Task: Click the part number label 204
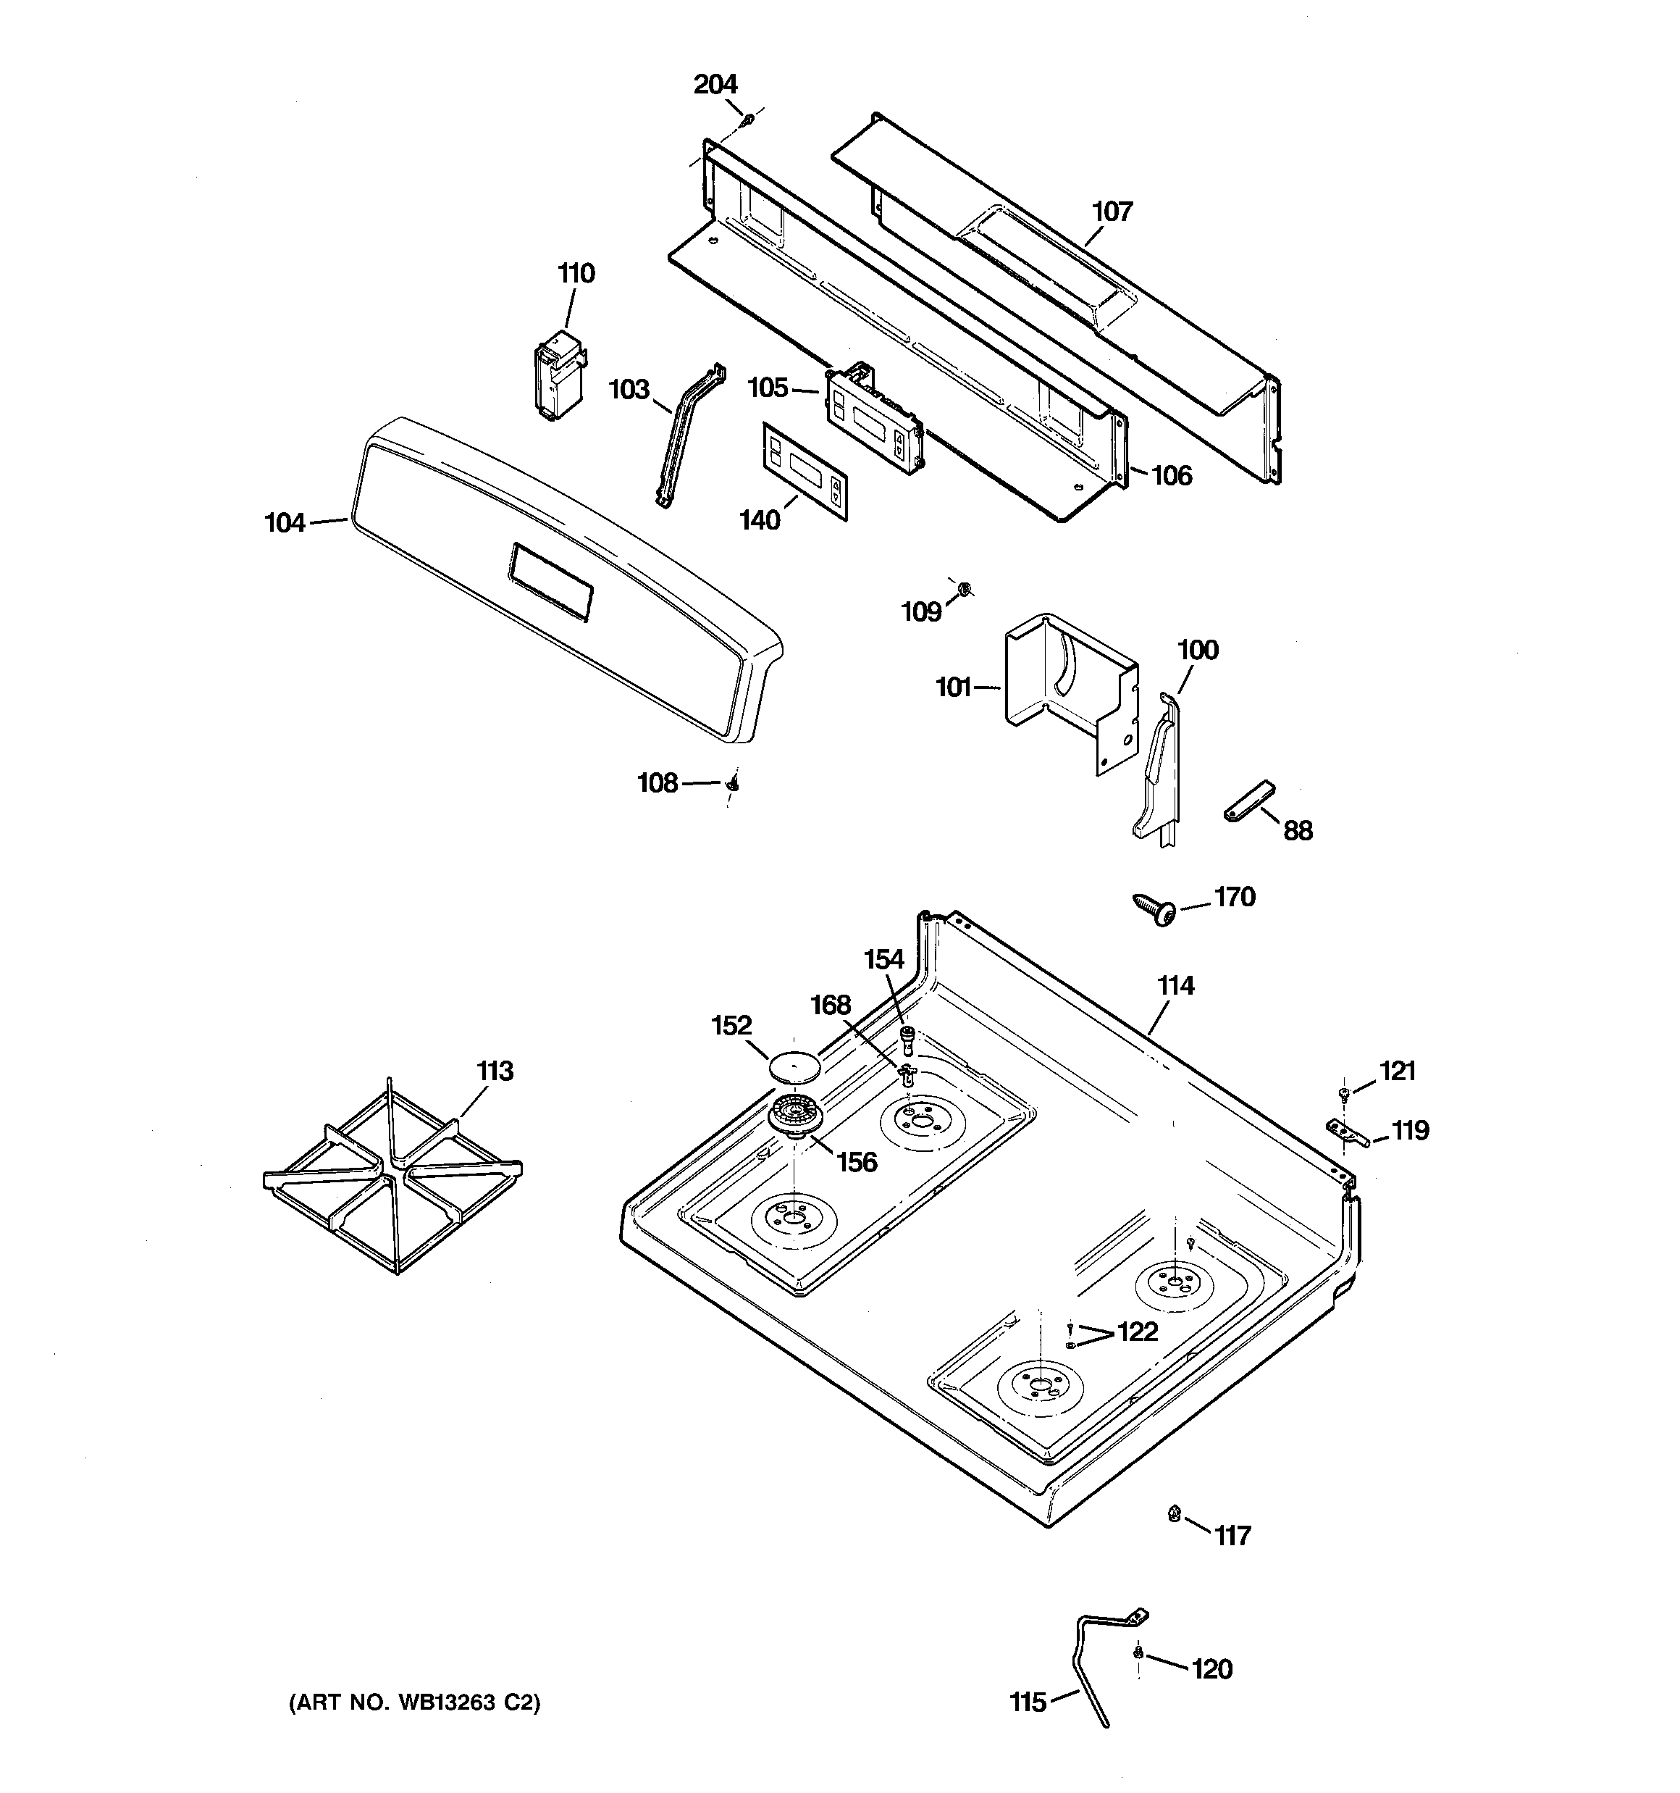tap(715, 85)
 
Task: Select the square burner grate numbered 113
tap(392, 1175)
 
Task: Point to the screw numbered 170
tap(1155, 909)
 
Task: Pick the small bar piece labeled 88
tap(1249, 800)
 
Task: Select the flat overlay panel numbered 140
tap(806, 471)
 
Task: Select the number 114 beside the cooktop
tap(1176, 986)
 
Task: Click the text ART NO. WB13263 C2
tap(415, 1702)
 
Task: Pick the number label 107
tap(1112, 212)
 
